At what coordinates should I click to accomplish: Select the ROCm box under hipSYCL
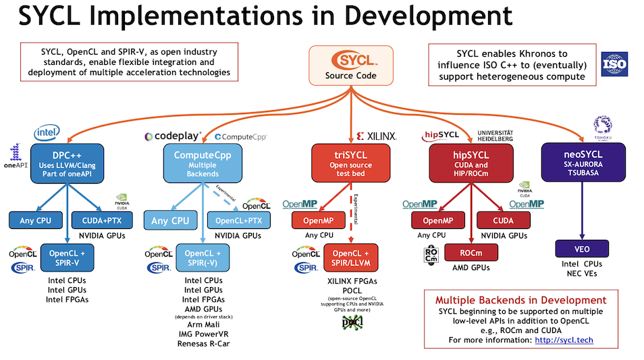point(471,252)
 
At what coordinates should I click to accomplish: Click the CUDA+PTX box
point(102,220)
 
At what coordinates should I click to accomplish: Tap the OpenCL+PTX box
point(238,220)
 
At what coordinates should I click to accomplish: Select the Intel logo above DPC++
point(47,131)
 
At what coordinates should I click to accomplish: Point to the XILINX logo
point(376,136)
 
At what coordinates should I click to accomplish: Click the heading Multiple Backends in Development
point(520,300)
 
